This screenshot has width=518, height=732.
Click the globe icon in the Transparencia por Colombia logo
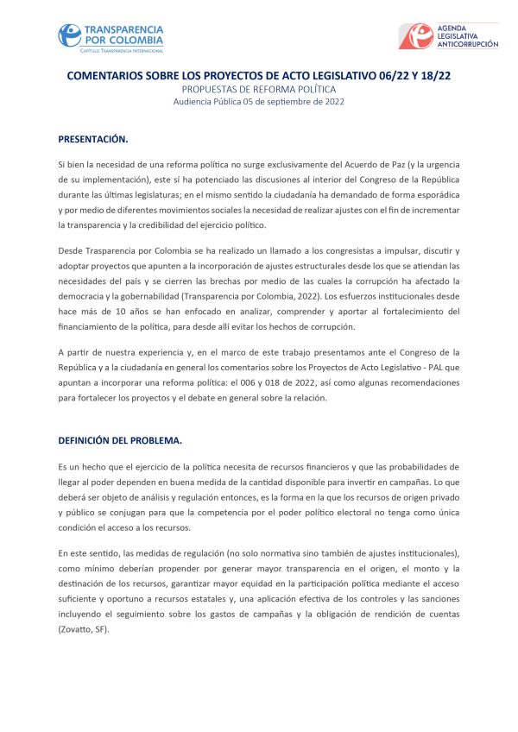click(x=70, y=36)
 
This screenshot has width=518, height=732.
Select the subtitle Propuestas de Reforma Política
click(x=259, y=89)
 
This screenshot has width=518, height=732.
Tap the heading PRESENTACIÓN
click(x=93, y=138)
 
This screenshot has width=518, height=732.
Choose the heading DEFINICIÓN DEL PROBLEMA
click(x=120, y=439)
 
